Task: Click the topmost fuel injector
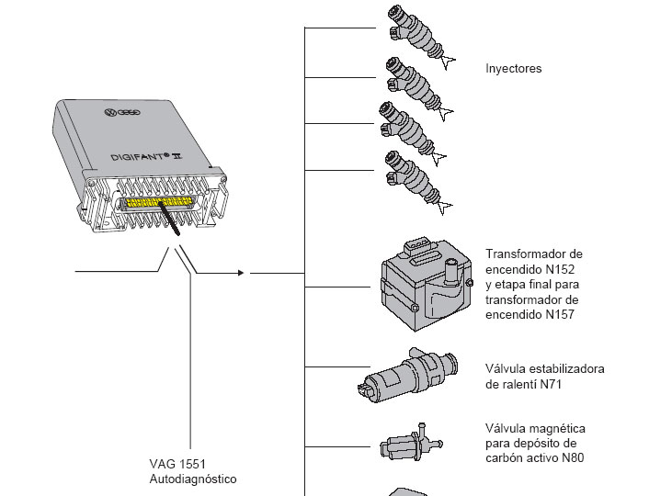coord(418,34)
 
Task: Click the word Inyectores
coord(514,69)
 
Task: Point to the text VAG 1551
coord(175,464)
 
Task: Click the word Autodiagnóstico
coord(192,479)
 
